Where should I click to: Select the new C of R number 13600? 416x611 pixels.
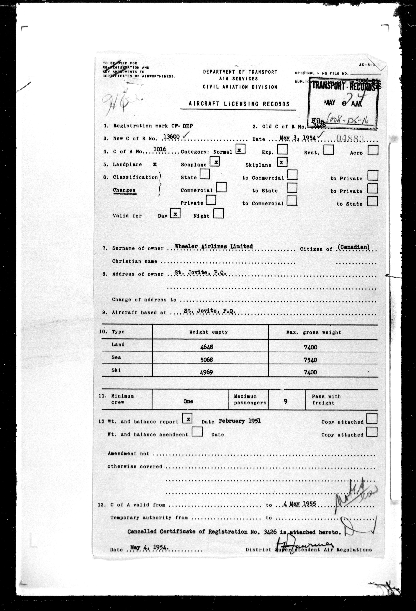click(x=171, y=136)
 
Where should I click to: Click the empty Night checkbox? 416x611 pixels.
click(x=219, y=213)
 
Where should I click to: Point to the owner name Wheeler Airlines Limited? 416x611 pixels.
click(x=214, y=246)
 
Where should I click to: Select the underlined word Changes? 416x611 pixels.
click(x=124, y=190)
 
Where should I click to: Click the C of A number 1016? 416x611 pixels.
click(x=160, y=149)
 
